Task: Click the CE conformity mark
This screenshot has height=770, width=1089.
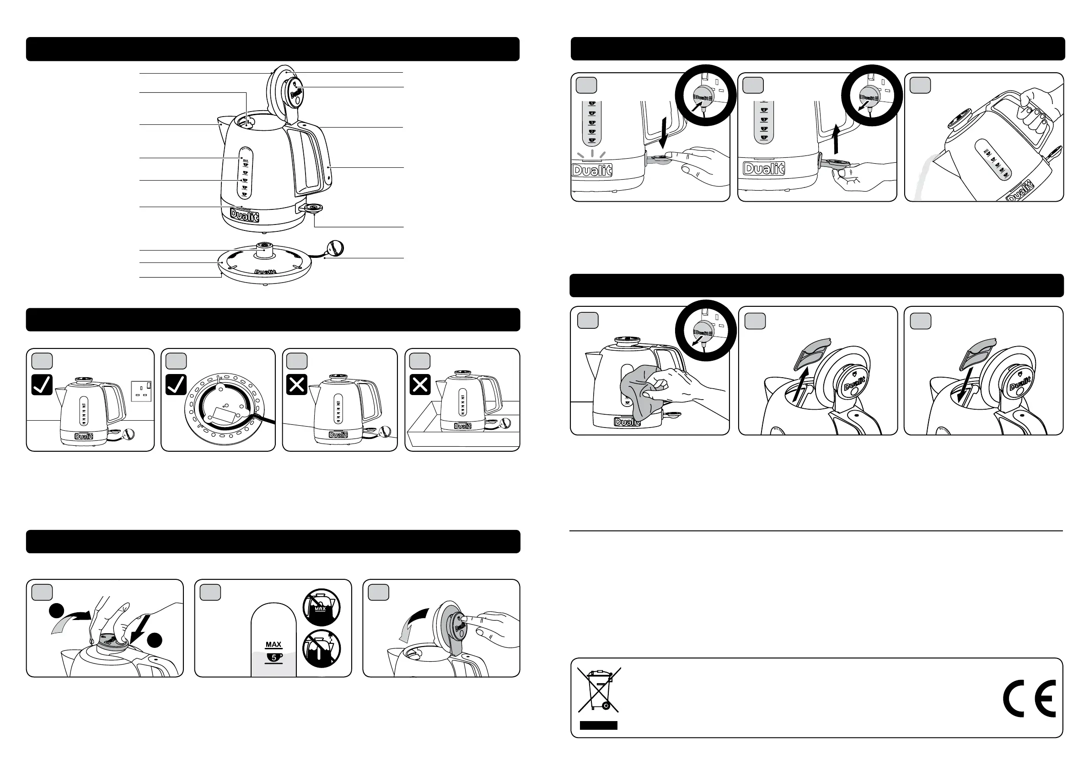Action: (x=1029, y=698)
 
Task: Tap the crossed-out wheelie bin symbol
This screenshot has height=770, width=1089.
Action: (x=599, y=690)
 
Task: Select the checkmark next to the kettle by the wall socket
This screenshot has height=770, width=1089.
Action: (x=42, y=385)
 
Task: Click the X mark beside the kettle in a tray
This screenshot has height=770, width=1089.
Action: (x=420, y=385)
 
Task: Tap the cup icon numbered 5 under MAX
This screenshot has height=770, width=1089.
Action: (x=274, y=657)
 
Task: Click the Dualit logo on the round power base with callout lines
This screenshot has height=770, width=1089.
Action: (x=265, y=272)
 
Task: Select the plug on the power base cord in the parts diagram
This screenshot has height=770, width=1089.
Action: (x=335, y=248)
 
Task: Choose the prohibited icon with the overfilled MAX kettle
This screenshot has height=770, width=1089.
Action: (x=322, y=606)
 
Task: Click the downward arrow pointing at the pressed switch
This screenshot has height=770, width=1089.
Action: (x=665, y=133)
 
